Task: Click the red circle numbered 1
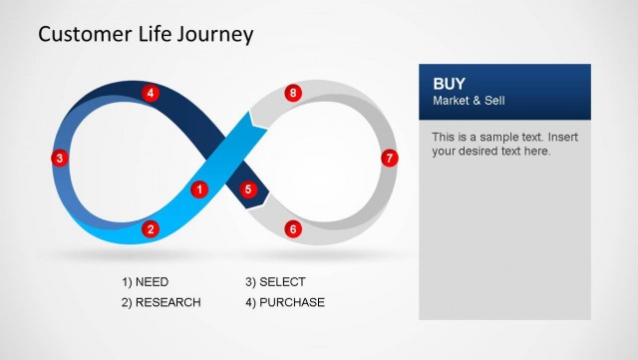coord(198,188)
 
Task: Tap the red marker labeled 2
coord(151,229)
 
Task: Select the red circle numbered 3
coord(60,158)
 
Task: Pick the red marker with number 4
coord(151,93)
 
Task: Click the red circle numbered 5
coord(248,188)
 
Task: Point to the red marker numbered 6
coord(292,229)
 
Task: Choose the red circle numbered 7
coord(390,158)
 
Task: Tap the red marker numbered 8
coord(292,93)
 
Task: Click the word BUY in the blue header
coord(449,84)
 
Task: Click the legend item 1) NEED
coord(145,282)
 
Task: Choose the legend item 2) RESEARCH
coord(160,302)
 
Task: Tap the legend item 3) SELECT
coord(275,282)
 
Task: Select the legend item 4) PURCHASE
coord(284,302)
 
